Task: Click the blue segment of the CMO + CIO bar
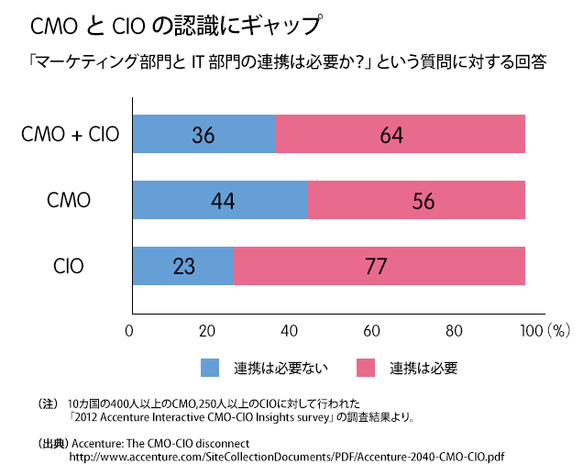point(203,134)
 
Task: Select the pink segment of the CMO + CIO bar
point(400,134)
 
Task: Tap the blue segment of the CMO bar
point(220,200)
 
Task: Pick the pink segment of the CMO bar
point(416,200)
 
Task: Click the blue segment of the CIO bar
point(183,266)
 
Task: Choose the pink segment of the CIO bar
point(379,266)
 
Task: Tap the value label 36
point(203,136)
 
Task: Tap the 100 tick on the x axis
point(529,330)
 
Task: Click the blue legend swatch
point(211,368)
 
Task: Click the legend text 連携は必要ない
point(280,369)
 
